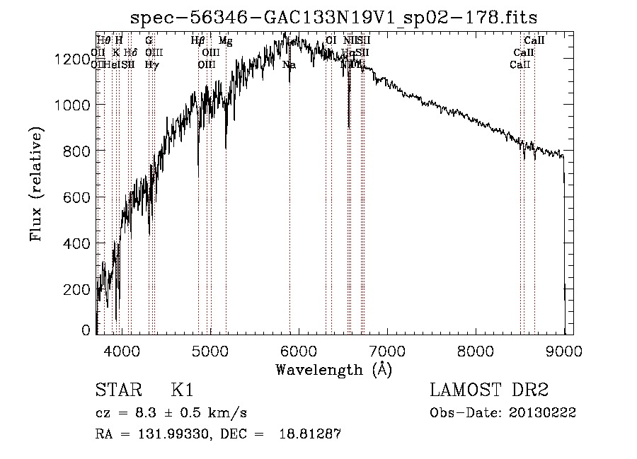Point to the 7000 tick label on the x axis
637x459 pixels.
(387, 351)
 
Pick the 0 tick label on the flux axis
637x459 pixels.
(86, 330)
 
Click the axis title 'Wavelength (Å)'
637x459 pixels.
(333, 369)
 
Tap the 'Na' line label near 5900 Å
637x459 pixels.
(289, 64)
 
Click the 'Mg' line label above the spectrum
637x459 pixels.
(225, 41)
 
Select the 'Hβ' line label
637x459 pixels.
(198, 41)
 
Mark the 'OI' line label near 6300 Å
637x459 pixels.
(331, 41)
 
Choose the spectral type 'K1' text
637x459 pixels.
(182, 390)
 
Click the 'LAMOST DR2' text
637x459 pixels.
(489, 390)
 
